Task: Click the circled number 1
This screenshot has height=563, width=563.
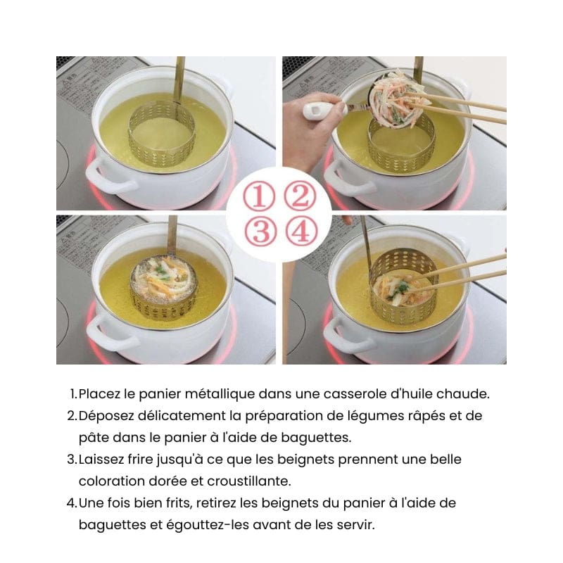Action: [x=259, y=197]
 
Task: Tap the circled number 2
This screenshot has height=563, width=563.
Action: [x=301, y=197]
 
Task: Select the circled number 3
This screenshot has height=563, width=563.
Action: [x=260, y=231]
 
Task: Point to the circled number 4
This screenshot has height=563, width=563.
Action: [x=302, y=231]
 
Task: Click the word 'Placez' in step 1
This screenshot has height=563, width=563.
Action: [x=99, y=394]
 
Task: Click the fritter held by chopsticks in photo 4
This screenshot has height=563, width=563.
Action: [x=397, y=289]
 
